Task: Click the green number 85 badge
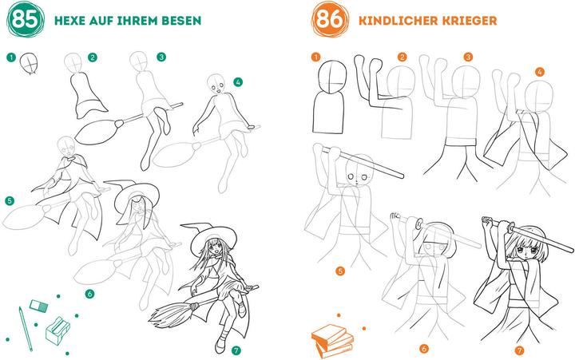pos(26,19)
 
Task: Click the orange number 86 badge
pos(329,19)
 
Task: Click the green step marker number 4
pos(238,82)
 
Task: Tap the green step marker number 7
pos(236,350)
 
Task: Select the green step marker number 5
pos(10,200)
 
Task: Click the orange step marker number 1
pos(315,57)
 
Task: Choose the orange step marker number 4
pos(539,72)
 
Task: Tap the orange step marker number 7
pos(519,350)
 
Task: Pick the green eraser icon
pos(38,306)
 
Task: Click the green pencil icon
pos(26,329)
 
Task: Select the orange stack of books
pos(332,341)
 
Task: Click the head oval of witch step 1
pos(29,63)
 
